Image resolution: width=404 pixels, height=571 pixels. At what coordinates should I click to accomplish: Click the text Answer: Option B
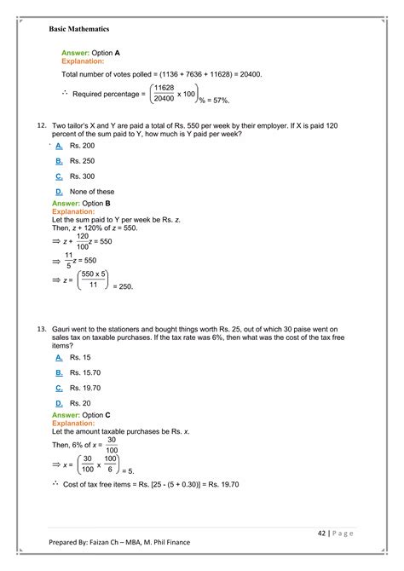point(88,204)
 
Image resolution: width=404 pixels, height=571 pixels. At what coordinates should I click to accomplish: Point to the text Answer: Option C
point(88,414)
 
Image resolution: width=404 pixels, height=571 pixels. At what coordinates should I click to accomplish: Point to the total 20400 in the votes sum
point(247,74)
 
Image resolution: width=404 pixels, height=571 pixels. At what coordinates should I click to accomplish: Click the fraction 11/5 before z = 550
point(69,260)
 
